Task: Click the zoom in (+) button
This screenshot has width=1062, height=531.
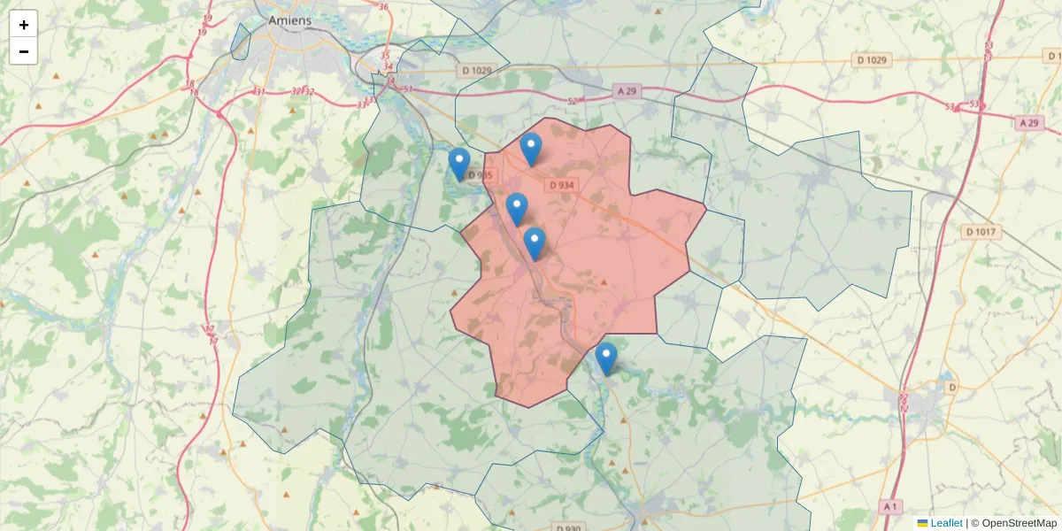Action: (x=23, y=24)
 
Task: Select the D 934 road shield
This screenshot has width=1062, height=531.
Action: (x=561, y=186)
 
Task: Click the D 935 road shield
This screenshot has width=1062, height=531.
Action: (x=479, y=175)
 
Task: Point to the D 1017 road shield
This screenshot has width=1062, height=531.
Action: (x=981, y=232)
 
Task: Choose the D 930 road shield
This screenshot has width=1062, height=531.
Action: (x=571, y=528)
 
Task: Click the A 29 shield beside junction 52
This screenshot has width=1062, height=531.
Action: (x=626, y=91)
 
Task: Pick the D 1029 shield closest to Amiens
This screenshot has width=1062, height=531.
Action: (x=476, y=70)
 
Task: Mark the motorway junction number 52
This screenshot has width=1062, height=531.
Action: (x=572, y=101)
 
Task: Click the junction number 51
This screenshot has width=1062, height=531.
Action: (x=407, y=88)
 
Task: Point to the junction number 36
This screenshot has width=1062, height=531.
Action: (x=383, y=7)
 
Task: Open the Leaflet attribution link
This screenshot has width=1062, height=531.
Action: (x=945, y=523)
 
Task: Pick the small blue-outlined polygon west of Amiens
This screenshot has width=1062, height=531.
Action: (x=240, y=42)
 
